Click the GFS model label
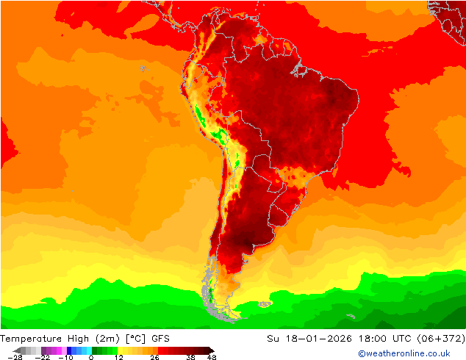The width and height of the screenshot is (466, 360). [x=161, y=339]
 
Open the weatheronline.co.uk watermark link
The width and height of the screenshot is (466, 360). [x=404, y=354]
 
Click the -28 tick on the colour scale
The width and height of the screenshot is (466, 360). [x=15, y=357]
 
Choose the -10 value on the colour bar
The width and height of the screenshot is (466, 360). [x=66, y=357]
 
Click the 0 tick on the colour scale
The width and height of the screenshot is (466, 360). [x=91, y=357]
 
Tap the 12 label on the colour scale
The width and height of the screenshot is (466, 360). [x=118, y=357]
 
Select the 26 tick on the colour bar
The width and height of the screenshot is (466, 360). [x=154, y=357]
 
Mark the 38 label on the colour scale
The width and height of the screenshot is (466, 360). [x=191, y=357]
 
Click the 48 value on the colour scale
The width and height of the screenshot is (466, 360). [x=212, y=357]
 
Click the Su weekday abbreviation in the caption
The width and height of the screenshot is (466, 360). [x=273, y=339]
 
